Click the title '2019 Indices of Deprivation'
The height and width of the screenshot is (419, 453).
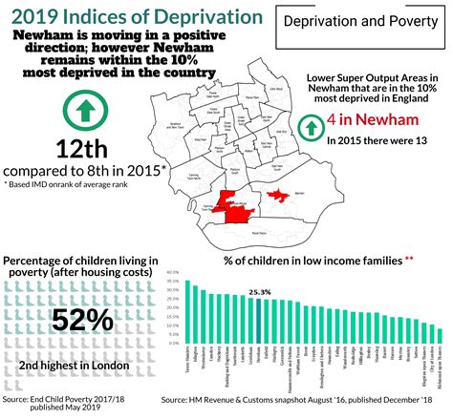point(130,16)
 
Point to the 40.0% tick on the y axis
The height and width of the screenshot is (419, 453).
point(172,272)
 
